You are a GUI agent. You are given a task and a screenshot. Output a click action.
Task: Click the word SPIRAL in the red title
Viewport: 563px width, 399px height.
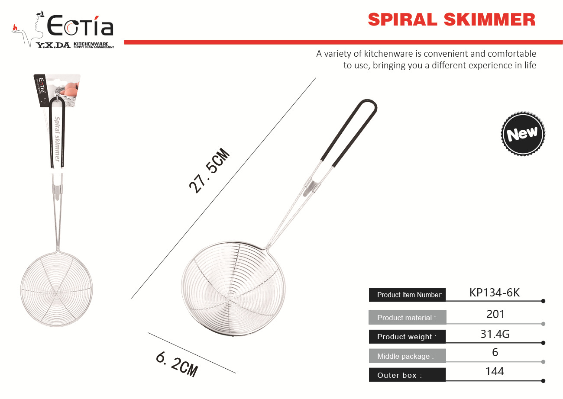tap(403, 19)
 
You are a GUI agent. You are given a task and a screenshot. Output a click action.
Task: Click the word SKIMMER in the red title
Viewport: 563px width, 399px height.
tap(490, 19)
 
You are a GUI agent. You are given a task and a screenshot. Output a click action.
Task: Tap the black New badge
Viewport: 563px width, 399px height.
tap(523, 133)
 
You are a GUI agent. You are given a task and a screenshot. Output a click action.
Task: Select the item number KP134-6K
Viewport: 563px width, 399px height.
tap(495, 293)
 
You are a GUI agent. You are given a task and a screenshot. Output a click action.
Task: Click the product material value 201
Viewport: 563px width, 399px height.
tap(495, 314)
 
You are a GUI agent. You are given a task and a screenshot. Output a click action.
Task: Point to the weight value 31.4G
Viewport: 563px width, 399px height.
tap(495, 334)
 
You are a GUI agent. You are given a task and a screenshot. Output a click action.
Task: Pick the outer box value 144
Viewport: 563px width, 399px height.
tap(495, 371)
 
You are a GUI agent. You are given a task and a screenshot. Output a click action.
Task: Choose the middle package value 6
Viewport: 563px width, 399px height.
tap(495, 352)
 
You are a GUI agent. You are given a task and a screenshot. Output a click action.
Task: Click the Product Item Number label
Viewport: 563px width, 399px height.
tap(410, 295)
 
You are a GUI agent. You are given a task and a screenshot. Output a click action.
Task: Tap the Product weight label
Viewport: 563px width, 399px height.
tap(407, 337)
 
